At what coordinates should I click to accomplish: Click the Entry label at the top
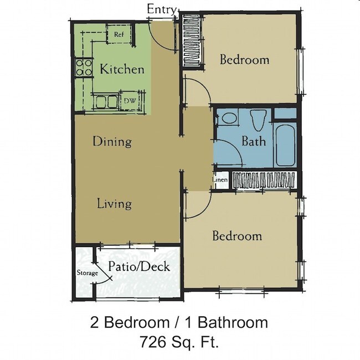click(162, 9)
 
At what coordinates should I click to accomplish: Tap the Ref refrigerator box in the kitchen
click(119, 34)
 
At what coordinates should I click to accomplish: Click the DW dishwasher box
click(130, 101)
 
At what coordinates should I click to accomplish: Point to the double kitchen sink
click(106, 101)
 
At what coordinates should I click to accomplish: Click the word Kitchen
click(122, 69)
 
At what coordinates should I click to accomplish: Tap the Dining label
click(112, 142)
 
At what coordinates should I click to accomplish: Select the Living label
click(114, 204)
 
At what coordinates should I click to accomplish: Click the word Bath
click(253, 141)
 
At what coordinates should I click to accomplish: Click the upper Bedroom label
click(244, 59)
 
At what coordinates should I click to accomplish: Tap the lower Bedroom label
click(237, 236)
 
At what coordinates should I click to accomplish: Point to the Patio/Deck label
click(138, 266)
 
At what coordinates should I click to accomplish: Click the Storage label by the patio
click(86, 273)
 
